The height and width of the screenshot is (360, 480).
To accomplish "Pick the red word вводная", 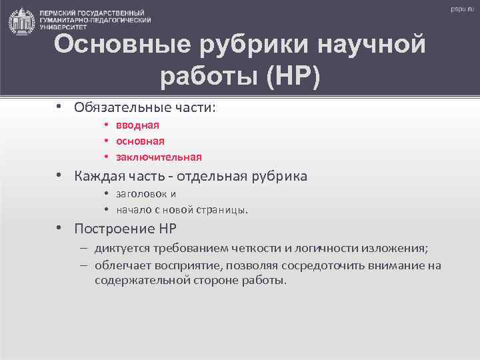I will [x=137, y=125].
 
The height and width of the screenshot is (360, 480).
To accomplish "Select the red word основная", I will [x=140, y=141].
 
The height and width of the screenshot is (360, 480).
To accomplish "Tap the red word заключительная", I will [x=159, y=157].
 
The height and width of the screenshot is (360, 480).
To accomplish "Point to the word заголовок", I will [x=142, y=194].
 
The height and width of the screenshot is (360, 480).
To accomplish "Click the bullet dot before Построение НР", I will [x=59, y=228].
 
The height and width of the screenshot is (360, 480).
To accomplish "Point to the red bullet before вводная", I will [x=106, y=125].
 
